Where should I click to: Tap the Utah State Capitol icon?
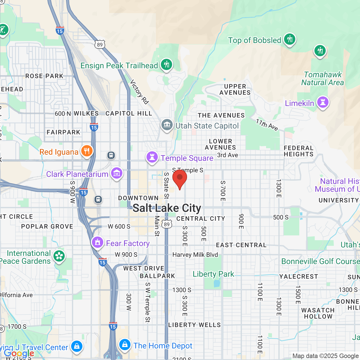click(x=167, y=125)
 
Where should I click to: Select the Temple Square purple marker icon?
click(x=152, y=157)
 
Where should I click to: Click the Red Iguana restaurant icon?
click(x=87, y=151)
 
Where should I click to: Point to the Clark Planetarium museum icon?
click(x=116, y=173)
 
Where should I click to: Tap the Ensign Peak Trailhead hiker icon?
click(x=166, y=64)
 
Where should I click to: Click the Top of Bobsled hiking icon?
click(x=289, y=39)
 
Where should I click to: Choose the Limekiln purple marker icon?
click(x=323, y=102)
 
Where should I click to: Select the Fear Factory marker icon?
click(x=98, y=242)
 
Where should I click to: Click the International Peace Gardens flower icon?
click(x=59, y=256)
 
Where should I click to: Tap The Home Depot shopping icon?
click(x=125, y=345)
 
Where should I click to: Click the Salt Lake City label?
click(x=167, y=208)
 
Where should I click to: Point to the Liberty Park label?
click(x=213, y=274)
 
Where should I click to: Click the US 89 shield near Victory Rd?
click(x=100, y=44)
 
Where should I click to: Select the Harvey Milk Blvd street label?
click(x=195, y=255)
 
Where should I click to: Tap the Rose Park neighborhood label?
click(x=44, y=76)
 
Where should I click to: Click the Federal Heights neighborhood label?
click(x=298, y=151)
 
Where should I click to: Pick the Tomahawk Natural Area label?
click(x=323, y=78)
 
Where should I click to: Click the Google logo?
click(x=19, y=353)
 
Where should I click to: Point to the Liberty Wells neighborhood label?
click(x=194, y=325)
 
